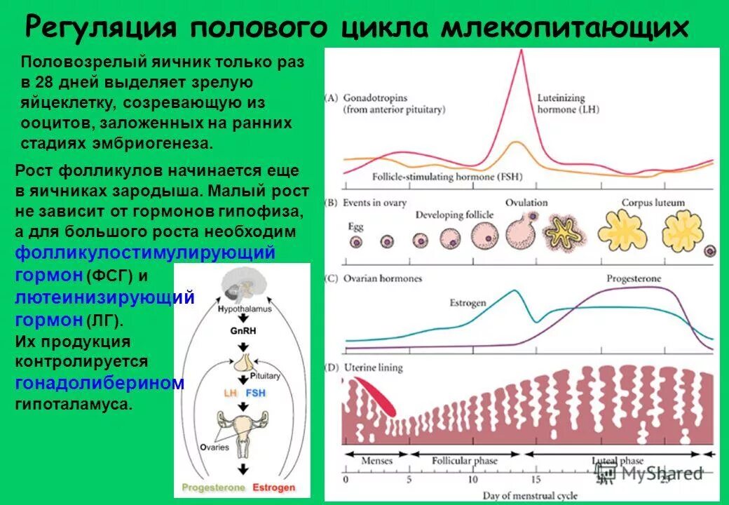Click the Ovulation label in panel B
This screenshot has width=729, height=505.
pos(527,203)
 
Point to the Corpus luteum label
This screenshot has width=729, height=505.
pos(653,203)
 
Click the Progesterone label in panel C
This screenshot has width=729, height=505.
pos(634,278)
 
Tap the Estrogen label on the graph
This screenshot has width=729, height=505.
pos(467,303)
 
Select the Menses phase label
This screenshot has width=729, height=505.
pos(377,461)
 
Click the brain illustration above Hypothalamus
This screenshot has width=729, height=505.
pos(242,285)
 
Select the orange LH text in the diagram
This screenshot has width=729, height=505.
pos(230,393)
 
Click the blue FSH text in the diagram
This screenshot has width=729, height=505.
pos(254,393)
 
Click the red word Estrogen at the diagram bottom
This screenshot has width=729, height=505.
pos(273,487)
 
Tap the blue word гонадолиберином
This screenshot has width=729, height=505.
pos(100,383)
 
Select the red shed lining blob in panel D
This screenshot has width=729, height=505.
pos(374,396)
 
